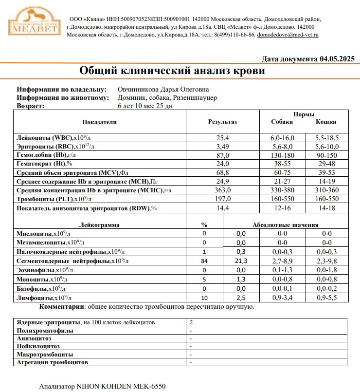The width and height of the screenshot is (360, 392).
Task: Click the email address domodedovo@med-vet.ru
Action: click(x=288, y=35)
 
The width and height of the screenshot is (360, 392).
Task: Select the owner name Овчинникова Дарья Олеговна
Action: click(x=163, y=90)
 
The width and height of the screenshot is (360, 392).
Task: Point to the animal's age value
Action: click(x=145, y=105)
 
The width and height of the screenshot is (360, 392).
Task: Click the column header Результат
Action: click(x=222, y=122)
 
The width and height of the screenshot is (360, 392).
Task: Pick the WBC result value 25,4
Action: click(x=223, y=138)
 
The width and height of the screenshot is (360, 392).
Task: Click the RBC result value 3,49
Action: click(x=223, y=146)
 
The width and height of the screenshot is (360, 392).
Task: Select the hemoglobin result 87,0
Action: click(x=223, y=154)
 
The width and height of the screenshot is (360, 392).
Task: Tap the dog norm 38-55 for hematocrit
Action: click(x=282, y=163)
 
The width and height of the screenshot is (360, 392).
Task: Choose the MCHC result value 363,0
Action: click(x=223, y=190)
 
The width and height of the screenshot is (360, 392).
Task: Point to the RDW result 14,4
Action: click(x=223, y=208)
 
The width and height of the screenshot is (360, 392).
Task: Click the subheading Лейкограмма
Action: click(x=99, y=225)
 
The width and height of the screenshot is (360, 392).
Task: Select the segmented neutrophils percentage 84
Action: click(x=204, y=261)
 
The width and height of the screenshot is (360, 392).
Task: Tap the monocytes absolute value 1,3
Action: click(x=241, y=280)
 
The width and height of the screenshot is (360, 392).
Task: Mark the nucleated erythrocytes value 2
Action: click(x=191, y=322)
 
